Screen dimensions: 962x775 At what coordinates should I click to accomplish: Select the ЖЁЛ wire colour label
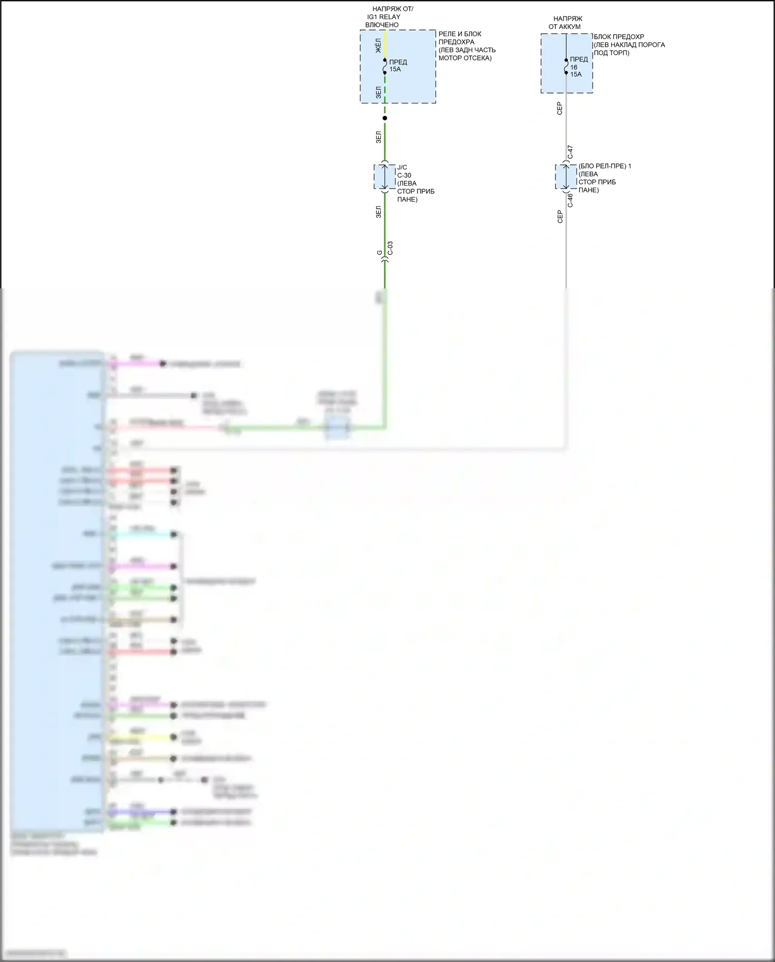coord(378,45)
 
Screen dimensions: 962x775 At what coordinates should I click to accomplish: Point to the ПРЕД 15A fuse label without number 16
coord(398,66)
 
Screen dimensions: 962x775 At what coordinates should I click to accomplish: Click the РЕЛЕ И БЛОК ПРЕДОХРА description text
coord(467,46)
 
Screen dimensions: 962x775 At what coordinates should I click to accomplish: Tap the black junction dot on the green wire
coord(384,118)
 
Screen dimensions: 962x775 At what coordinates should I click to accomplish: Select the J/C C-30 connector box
coord(384,177)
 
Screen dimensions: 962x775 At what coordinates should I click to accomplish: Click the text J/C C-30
coord(404,171)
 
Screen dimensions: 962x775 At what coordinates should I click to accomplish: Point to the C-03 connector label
coord(391,248)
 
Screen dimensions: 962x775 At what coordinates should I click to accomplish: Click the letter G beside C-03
coord(380,253)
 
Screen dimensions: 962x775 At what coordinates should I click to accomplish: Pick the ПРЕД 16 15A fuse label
coord(578,67)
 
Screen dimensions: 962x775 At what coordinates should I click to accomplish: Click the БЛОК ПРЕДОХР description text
coord(629,45)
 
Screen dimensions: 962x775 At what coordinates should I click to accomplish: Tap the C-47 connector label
coord(570,152)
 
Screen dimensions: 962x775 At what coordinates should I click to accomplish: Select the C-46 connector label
coord(570,201)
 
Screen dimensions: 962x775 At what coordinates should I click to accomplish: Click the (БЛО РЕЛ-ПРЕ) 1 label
coord(605,166)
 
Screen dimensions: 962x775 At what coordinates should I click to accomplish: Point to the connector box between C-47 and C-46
coord(566,177)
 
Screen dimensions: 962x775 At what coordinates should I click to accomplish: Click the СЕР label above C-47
coord(560,108)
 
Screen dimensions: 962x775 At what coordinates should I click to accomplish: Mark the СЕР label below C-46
coord(560,217)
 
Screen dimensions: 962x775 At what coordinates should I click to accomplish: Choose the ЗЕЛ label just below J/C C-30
coord(378,211)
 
